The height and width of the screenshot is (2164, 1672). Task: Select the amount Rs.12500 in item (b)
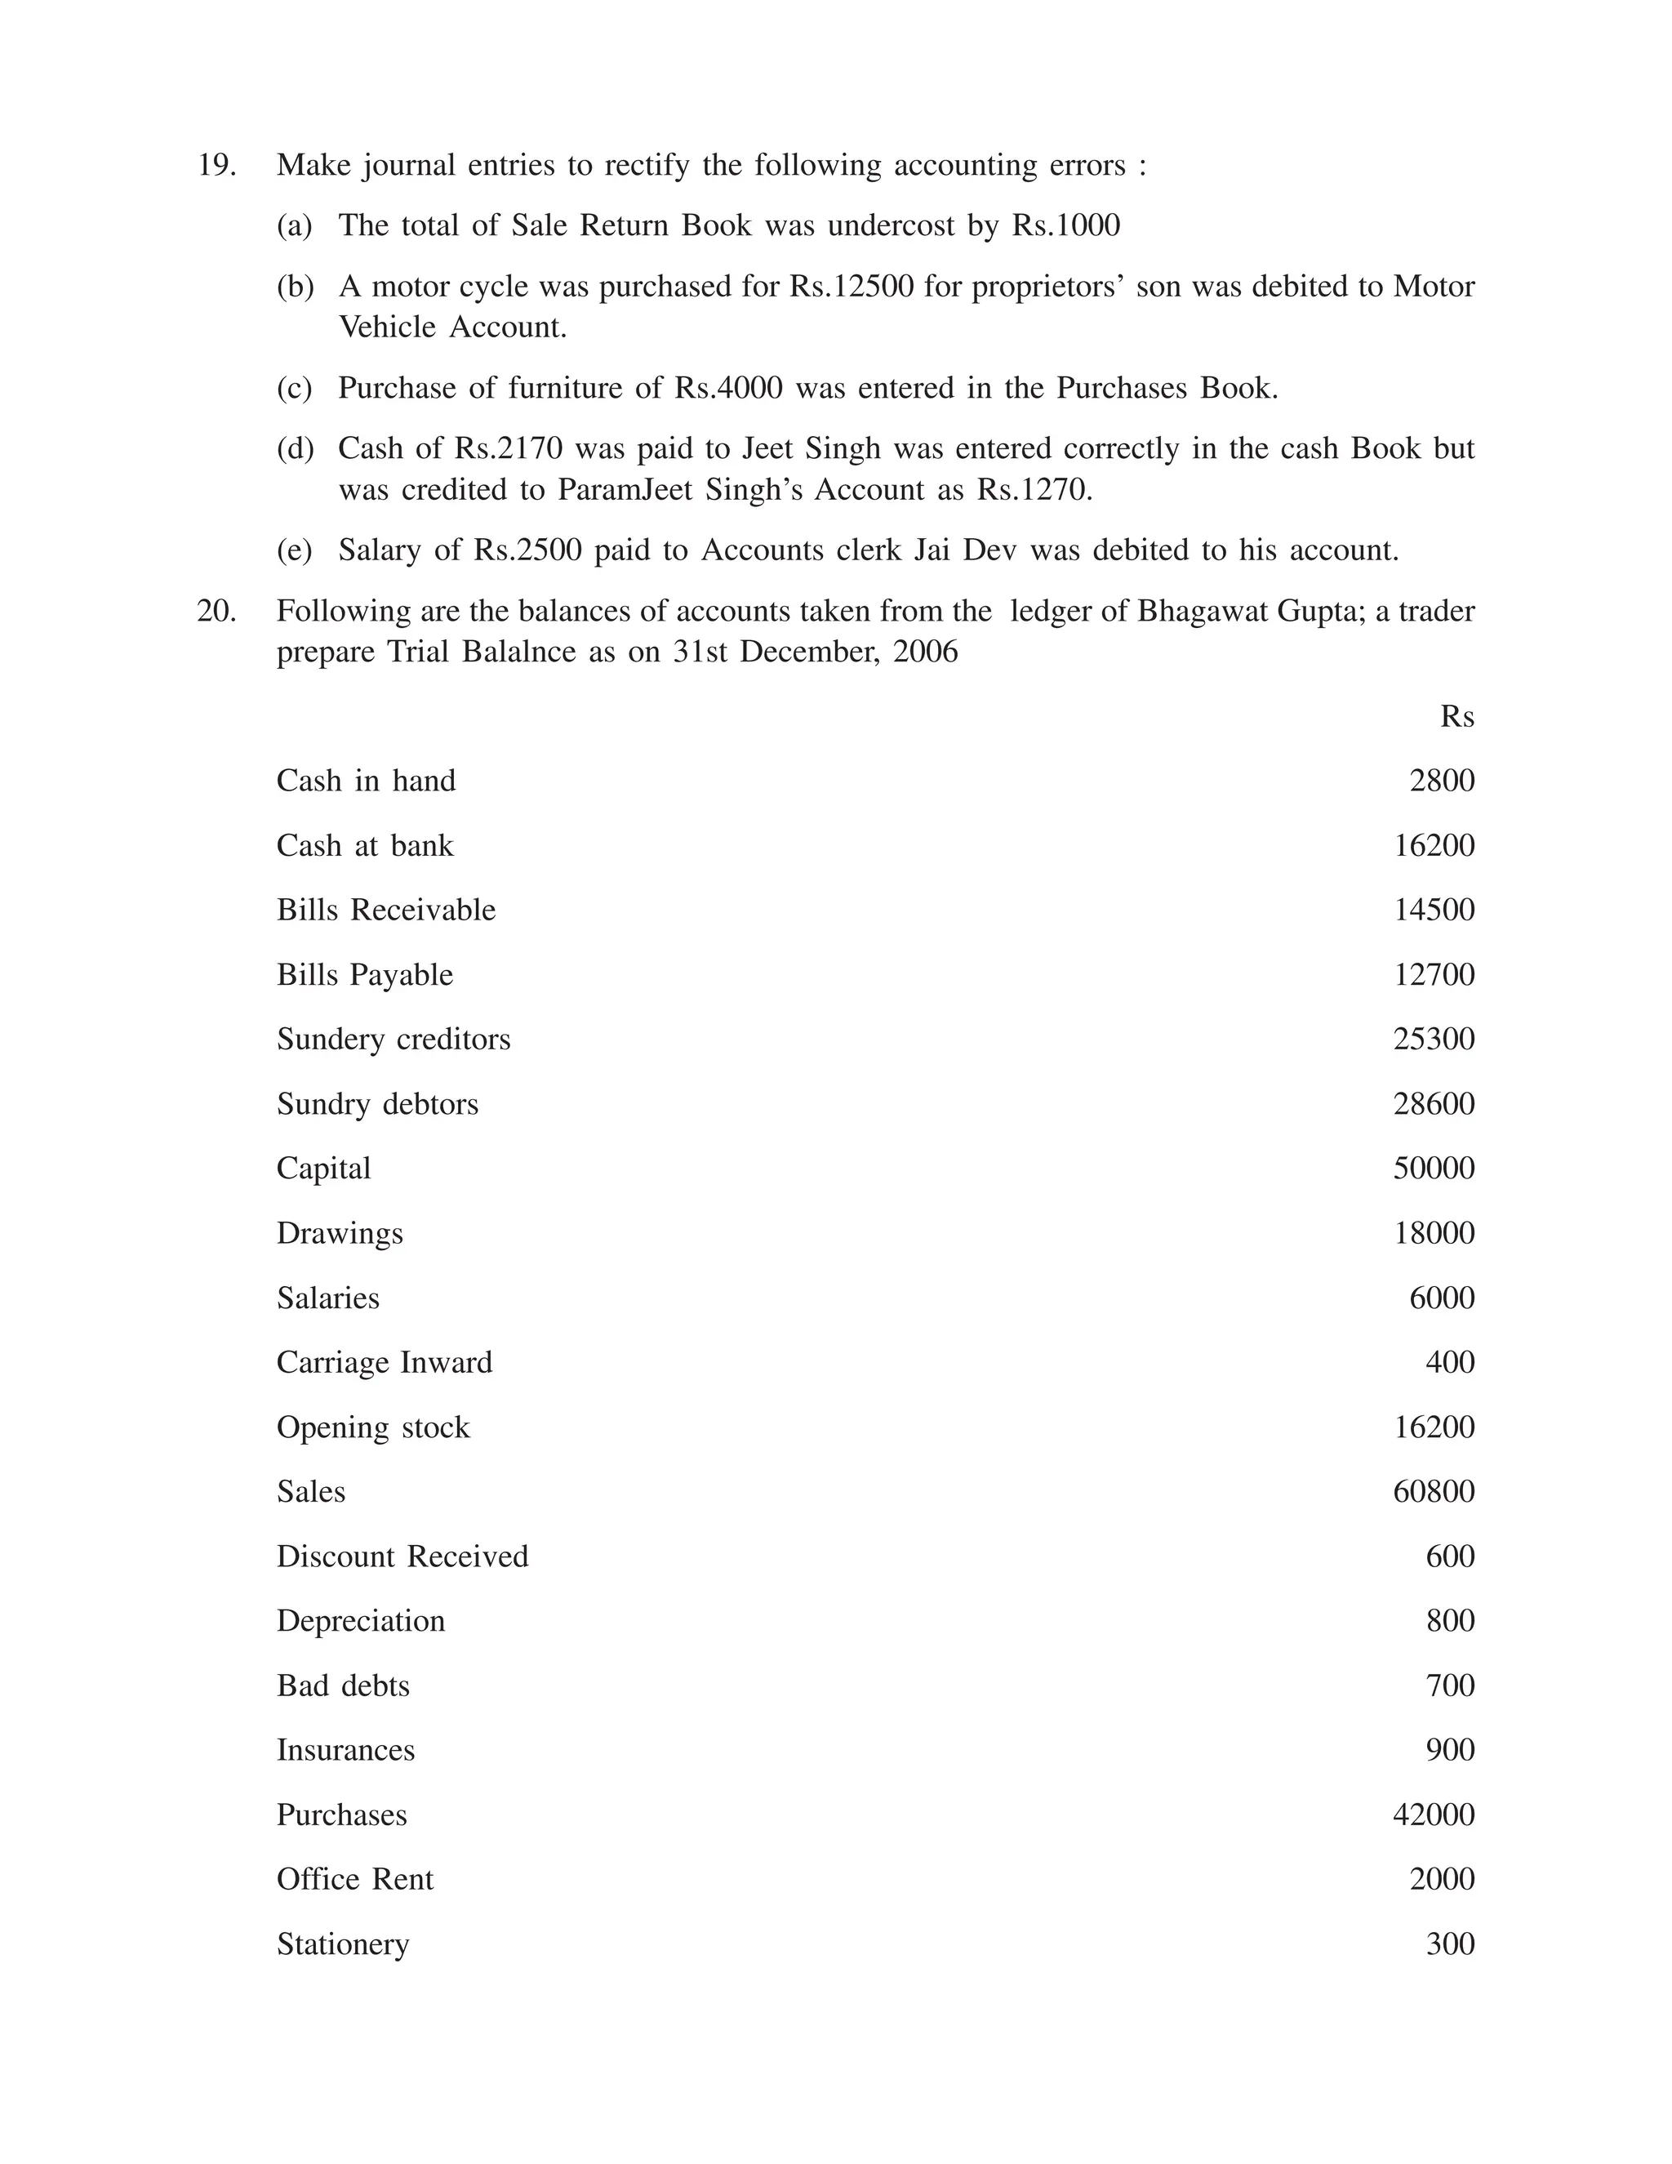click(x=851, y=287)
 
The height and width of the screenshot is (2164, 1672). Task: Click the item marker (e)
click(x=294, y=550)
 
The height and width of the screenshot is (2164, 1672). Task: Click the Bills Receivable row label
click(x=385, y=910)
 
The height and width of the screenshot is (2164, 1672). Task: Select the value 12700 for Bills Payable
click(x=1434, y=975)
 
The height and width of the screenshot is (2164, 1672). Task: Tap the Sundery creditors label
click(x=394, y=1040)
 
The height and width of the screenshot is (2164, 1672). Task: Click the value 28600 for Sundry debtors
click(x=1434, y=1104)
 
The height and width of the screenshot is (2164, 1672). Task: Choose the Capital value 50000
click(x=1434, y=1169)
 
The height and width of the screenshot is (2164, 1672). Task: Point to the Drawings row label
click(x=340, y=1234)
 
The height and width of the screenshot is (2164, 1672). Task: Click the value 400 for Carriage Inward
click(x=1449, y=1362)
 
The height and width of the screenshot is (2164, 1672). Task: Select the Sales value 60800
click(x=1434, y=1491)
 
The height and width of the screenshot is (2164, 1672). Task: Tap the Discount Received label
click(x=402, y=1556)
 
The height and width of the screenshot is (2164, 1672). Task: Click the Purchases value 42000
click(x=1434, y=1814)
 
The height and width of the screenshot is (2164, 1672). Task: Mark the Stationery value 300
click(x=1449, y=1944)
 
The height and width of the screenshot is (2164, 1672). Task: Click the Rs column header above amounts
click(x=1456, y=716)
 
